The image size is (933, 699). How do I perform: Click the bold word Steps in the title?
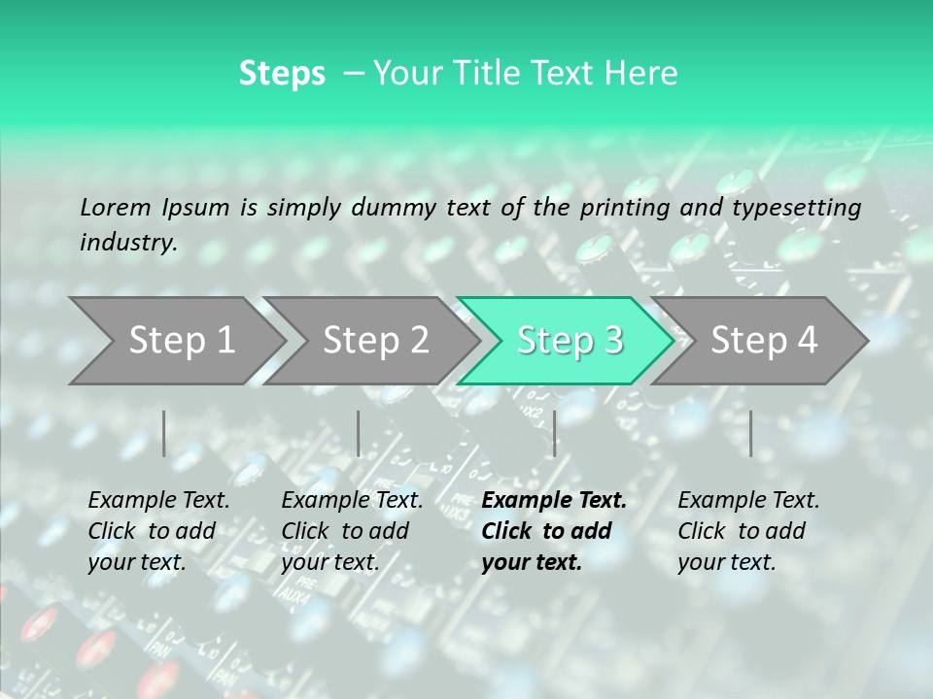click(x=282, y=73)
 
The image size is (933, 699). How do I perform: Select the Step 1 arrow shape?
click(x=175, y=341)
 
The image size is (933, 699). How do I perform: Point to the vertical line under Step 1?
click(x=163, y=433)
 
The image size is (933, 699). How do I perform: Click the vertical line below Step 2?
click(x=359, y=433)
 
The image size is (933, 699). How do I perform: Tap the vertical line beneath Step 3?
click(x=554, y=433)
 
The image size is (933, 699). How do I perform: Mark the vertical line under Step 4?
click(x=750, y=433)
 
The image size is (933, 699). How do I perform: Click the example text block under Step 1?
click(x=157, y=531)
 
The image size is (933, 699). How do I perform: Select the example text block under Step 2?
click(x=351, y=531)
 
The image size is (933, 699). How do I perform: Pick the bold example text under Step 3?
click(x=553, y=531)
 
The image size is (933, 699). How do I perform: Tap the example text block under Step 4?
click(x=747, y=531)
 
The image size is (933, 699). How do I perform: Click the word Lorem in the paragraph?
click(x=116, y=208)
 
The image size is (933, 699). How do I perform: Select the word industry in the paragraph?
click(x=127, y=243)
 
